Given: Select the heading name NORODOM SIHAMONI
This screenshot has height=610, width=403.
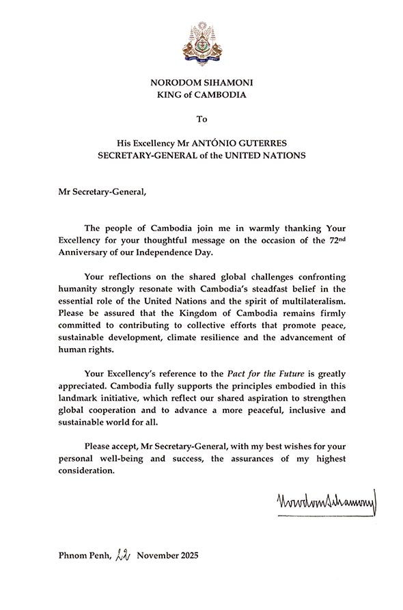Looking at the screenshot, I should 201,83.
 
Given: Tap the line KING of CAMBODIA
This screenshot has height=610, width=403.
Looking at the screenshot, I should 201,96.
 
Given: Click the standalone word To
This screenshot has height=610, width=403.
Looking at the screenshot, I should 201,119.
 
